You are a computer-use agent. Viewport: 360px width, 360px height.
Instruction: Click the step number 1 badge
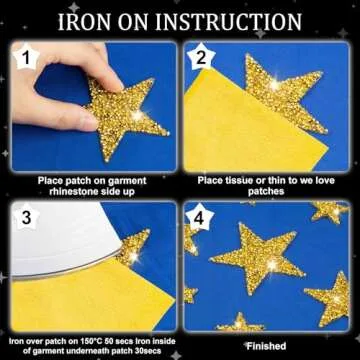coord(25,59)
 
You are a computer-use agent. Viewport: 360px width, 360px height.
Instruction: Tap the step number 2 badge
coord(200,59)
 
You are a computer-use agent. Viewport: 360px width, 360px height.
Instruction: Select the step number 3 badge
coord(25,215)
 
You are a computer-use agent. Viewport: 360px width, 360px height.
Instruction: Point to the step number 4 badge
coord(200,215)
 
